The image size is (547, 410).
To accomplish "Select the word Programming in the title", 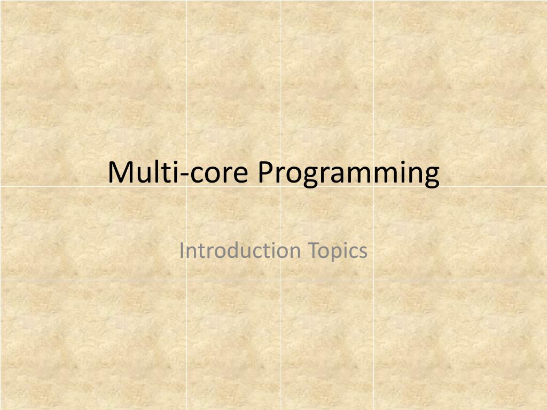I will click(x=348, y=174).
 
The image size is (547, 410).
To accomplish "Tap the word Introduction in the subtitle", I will click(x=240, y=250).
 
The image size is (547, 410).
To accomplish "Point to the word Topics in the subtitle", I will click(x=338, y=250).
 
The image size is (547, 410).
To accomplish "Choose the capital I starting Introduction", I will click(x=182, y=250).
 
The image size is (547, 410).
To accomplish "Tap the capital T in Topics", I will click(x=312, y=250).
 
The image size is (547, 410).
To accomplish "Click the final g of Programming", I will click(x=432, y=176).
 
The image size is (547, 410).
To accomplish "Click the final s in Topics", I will click(x=363, y=251).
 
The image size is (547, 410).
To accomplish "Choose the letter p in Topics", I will click(x=337, y=253).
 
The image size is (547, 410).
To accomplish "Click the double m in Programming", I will click(x=373, y=175).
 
